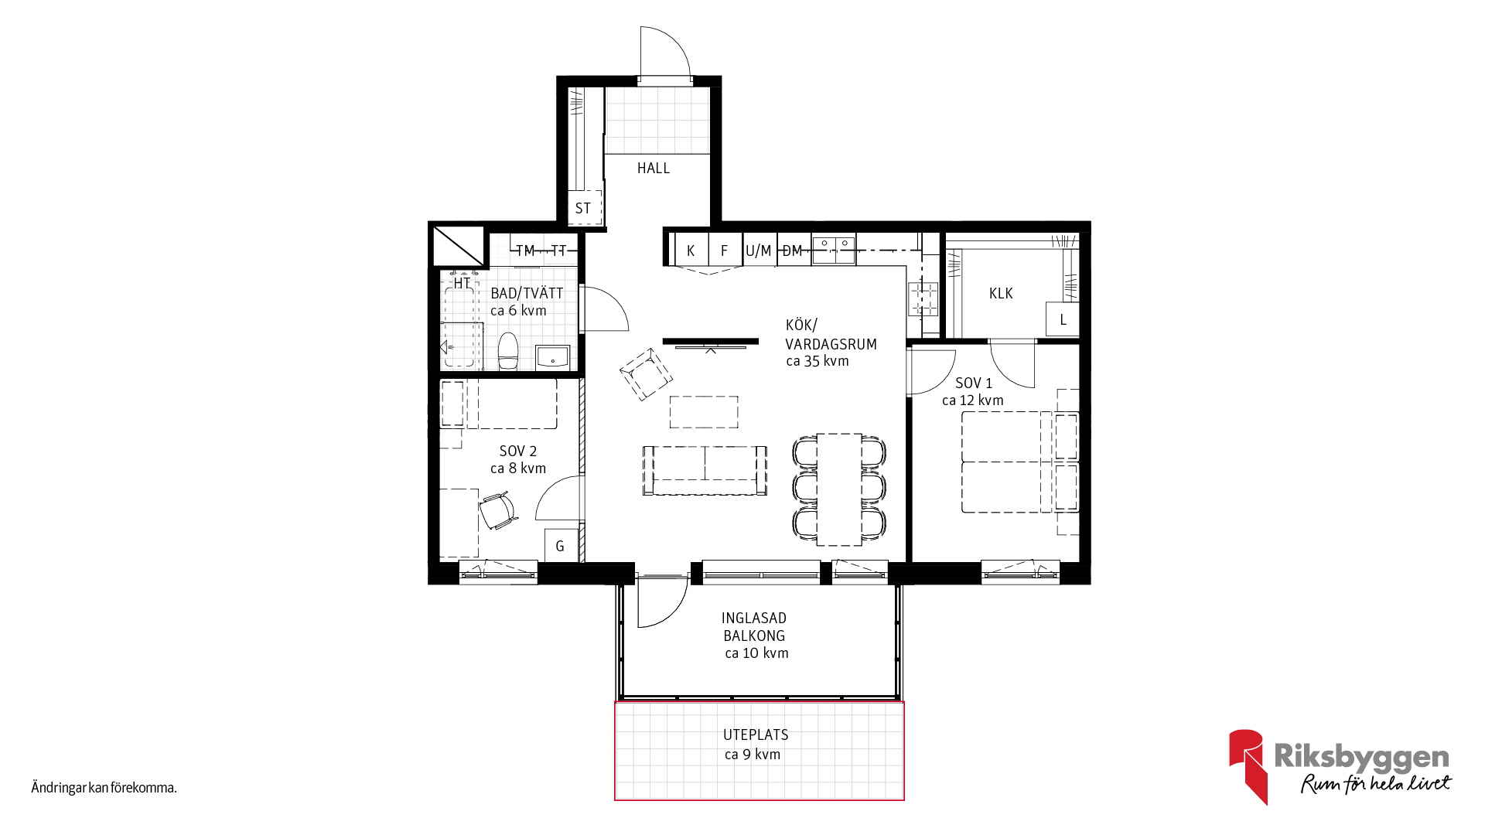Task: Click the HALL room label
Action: (654, 169)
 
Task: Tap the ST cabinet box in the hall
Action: (584, 208)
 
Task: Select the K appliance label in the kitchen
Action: (691, 250)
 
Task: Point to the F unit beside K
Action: (725, 250)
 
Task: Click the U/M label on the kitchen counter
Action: (758, 250)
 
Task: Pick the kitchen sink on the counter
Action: (834, 249)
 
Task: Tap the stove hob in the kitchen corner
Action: (923, 298)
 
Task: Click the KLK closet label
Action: (1001, 294)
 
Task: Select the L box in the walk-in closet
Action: (1063, 319)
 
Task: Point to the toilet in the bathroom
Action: (507, 352)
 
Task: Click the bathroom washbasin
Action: (553, 358)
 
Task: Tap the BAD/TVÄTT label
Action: (527, 294)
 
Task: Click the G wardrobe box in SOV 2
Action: (561, 545)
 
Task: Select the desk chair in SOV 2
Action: (497, 511)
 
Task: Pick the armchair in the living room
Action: (646, 374)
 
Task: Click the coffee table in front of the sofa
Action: (704, 412)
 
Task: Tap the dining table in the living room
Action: (839, 489)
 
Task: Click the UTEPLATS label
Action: (756, 735)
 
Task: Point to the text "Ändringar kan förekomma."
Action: (104, 788)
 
